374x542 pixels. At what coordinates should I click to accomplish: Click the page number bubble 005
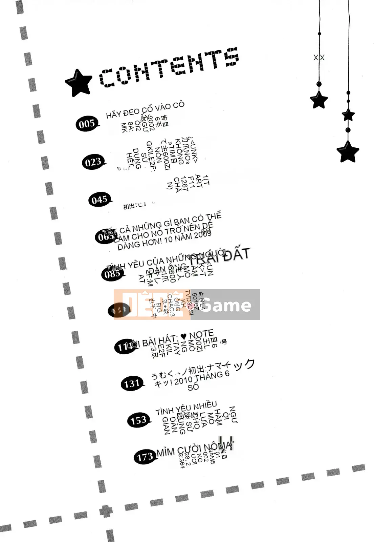(x=87, y=124)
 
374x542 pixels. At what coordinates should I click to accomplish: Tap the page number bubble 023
(x=93, y=162)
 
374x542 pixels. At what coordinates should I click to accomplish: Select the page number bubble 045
(x=100, y=200)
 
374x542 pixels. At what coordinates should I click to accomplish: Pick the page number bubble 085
(x=112, y=274)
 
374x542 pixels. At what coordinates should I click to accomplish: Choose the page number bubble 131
(x=132, y=384)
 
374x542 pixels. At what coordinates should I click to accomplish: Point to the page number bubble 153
(x=138, y=421)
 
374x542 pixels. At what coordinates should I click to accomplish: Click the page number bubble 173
(x=145, y=457)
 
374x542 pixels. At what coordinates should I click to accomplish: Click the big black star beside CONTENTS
(x=79, y=83)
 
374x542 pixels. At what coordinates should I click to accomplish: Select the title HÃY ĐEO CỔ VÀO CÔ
(x=145, y=109)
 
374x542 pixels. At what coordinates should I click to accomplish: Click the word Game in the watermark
(x=226, y=305)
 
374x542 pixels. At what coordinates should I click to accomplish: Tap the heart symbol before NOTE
(x=183, y=337)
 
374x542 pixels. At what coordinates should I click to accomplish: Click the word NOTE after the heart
(x=201, y=334)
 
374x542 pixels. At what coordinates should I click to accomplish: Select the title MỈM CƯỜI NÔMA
(x=194, y=449)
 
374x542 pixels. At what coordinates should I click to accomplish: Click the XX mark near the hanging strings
(x=319, y=58)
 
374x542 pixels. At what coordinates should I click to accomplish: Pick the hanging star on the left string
(x=319, y=100)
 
